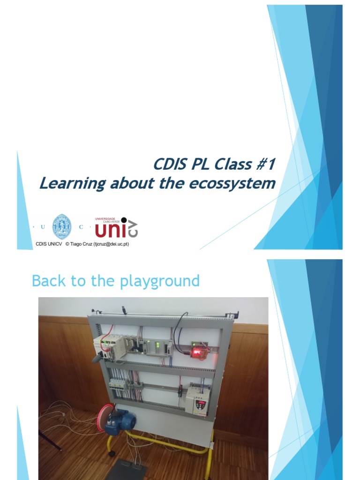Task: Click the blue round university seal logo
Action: tap(61, 227)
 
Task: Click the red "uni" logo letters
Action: tap(111, 230)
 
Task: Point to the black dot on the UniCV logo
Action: tap(124, 220)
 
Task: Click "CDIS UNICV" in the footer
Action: tap(49, 244)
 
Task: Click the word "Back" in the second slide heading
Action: tap(46, 281)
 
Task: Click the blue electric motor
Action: tap(120, 420)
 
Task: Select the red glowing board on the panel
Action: tap(200, 350)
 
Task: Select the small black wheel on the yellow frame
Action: tap(112, 453)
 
